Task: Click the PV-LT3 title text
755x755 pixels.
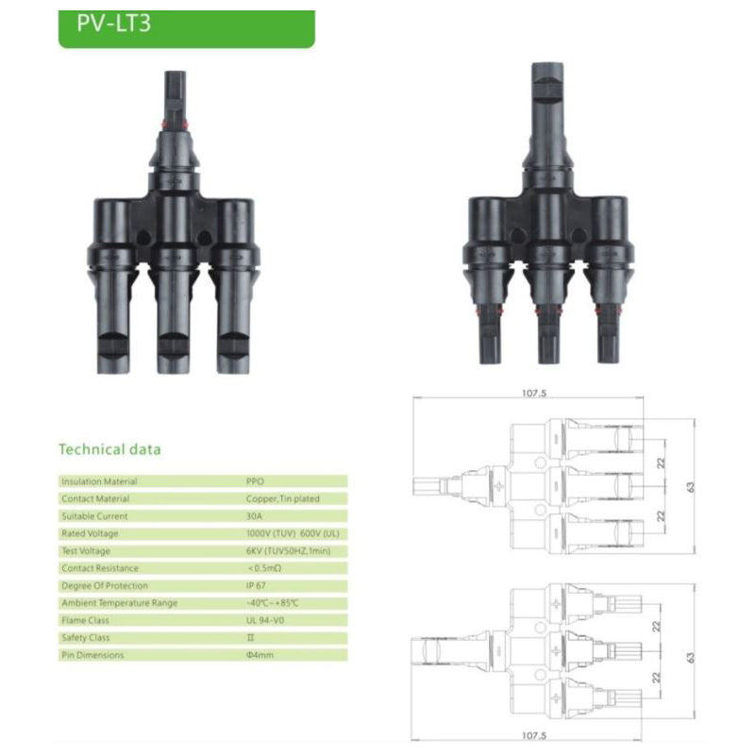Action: tap(113, 23)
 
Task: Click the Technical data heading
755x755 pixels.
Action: tap(109, 449)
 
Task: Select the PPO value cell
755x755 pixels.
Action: tap(255, 481)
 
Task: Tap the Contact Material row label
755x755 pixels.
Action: tap(95, 498)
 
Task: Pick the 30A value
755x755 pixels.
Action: tap(254, 516)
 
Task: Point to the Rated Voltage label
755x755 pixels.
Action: tap(90, 533)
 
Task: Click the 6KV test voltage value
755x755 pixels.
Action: tap(288, 551)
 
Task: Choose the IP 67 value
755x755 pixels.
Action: tap(256, 585)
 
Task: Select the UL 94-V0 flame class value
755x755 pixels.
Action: tap(265, 620)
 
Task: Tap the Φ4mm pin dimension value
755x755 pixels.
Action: tap(260, 655)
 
